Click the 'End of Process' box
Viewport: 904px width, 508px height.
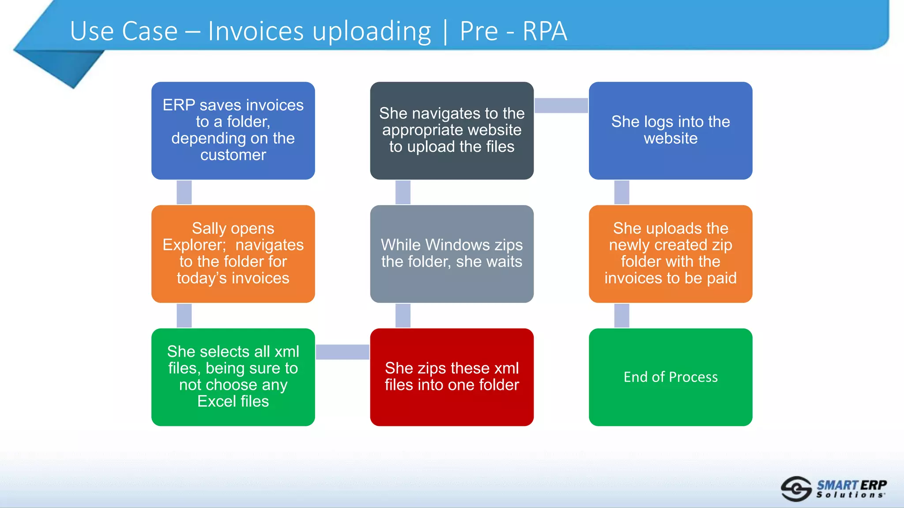[670, 377]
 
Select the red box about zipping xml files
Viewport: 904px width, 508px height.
[452, 377]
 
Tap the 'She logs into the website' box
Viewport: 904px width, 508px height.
[670, 131]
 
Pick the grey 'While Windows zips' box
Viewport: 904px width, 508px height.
[452, 254]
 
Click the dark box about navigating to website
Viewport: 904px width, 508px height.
[452, 131]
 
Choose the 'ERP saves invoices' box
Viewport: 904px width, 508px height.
[233, 131]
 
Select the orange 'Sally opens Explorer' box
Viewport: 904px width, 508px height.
[233, 254]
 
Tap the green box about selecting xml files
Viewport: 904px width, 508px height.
[233, 377]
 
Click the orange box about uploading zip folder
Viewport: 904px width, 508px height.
[670, 254]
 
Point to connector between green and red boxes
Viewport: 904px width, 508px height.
[343, 352]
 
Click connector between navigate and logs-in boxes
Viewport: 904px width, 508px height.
[561, 105]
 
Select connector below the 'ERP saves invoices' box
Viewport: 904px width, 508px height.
[184, 192]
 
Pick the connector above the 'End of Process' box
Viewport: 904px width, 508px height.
[621, 315]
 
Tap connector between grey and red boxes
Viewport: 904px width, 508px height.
[403, 315]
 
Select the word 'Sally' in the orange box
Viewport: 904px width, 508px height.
[209, 228]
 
